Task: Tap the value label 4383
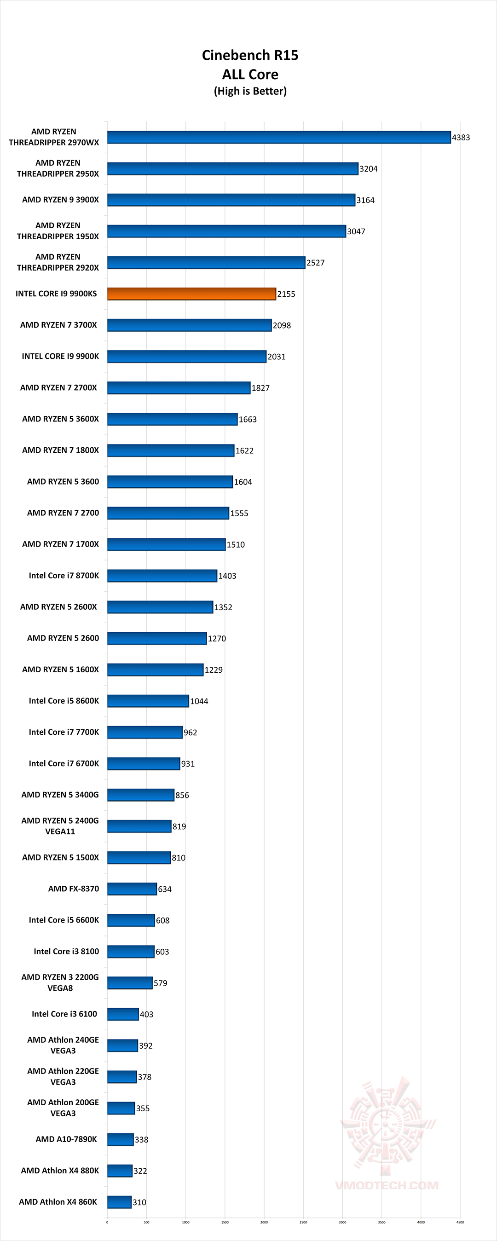click(461, 138)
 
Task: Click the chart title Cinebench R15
click(250, 55)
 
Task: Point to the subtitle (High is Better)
click(250, 91)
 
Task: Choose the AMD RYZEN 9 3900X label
click(60, 199)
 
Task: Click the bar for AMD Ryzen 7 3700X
click(189, 325)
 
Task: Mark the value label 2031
click(277, 357)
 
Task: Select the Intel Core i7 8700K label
click(64, 576)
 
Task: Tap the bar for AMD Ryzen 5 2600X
click(160, 607)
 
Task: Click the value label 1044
click(199, 701)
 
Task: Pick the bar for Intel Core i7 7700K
click(144, 732)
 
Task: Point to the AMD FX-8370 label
click(73, 889)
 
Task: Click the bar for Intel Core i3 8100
click(131, 952)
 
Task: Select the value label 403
click(146, 1015)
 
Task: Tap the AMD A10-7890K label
click(66, 1139)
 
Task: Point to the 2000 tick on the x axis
click(264, 1222)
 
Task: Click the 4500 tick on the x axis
click(460, 1222)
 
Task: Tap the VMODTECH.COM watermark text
click(387, 1185)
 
